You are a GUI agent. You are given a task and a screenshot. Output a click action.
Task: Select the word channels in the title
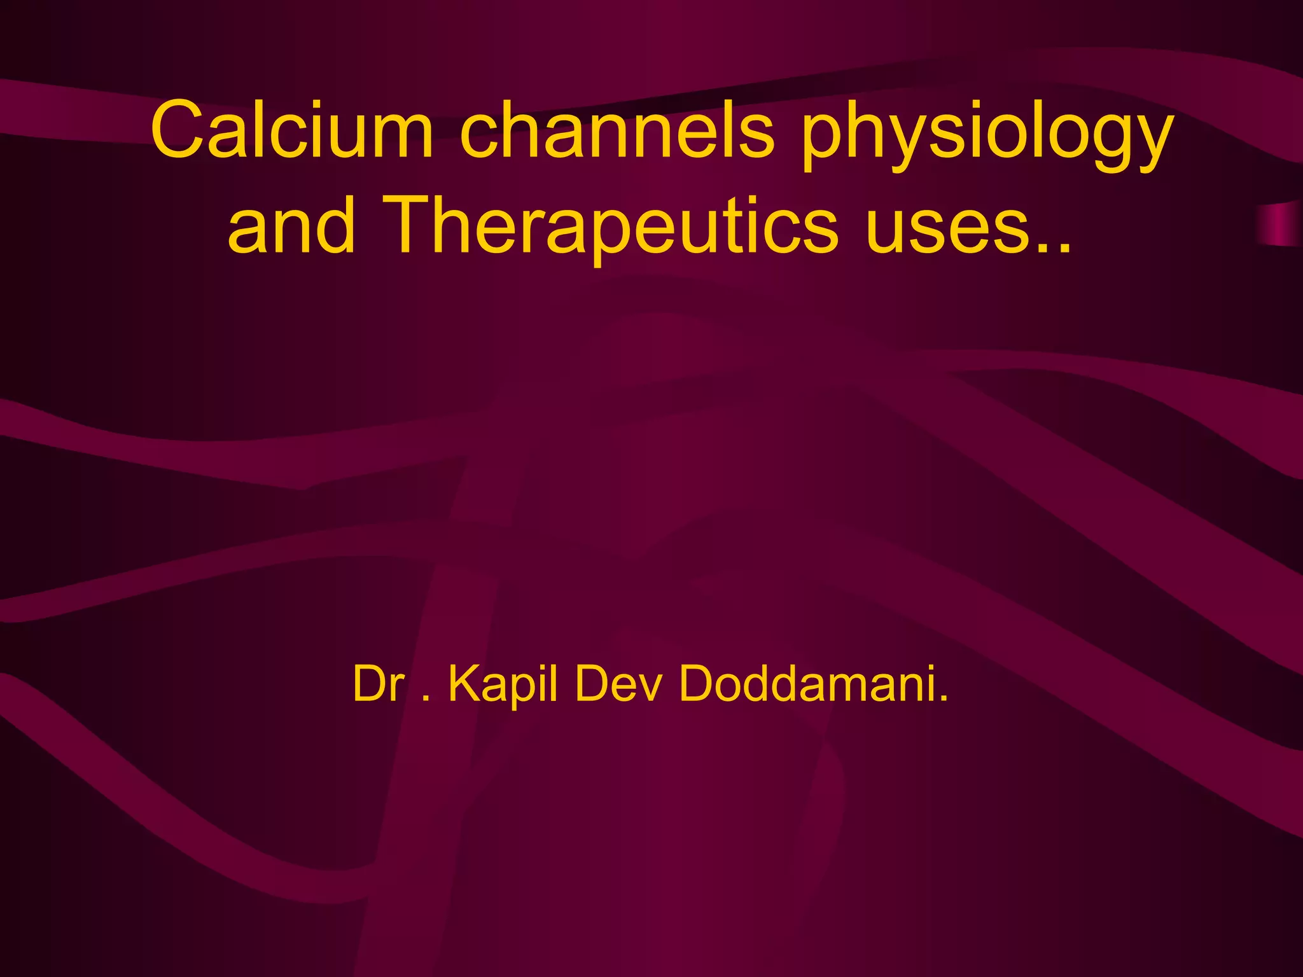tap(617, 130)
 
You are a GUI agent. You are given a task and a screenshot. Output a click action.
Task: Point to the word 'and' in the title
tap(291, 226)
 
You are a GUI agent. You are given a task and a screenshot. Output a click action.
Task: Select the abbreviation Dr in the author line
tap(379, 684)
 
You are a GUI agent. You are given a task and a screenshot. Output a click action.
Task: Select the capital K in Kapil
tap(463, 684)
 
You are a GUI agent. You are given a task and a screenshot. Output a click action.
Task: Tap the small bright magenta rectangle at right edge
tap(1279, 225)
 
